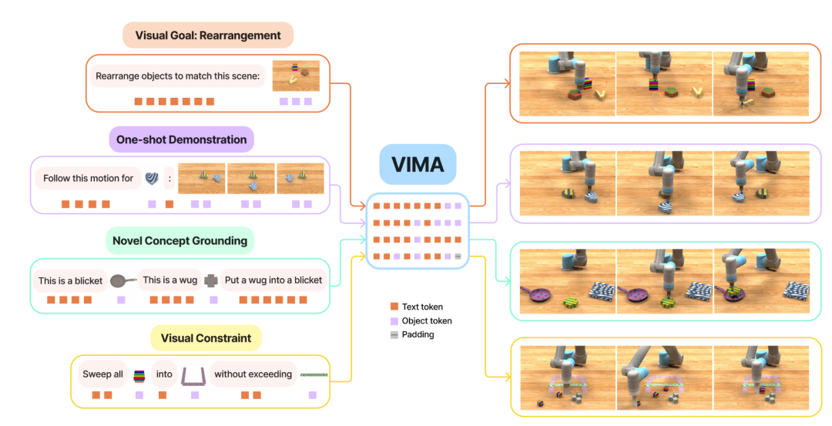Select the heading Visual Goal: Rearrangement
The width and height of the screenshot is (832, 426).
click(x=208, y=35)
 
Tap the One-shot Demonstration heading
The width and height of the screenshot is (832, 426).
click(x=182, y=139)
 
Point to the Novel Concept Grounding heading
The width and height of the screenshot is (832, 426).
click(x=179, y=241)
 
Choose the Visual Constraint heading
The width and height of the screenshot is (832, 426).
click(x=206, y=338)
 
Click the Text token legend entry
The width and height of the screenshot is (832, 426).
click(x=422, y=307)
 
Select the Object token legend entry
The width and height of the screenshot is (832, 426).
click(x=427, y=320)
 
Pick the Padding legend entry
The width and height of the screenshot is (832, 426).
click(x=417, y=334)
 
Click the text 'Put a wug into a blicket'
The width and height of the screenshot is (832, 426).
click(x=274, y=280)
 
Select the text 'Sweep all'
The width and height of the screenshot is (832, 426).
click(x=102, y=374)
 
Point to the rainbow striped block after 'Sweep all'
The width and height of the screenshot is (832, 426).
click(x=139, y=375)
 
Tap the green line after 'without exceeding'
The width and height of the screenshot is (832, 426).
click(x=314, y=374)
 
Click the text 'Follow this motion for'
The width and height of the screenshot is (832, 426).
click(x=88, y=178)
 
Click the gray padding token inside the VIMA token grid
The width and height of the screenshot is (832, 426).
click(x=458, y=256)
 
